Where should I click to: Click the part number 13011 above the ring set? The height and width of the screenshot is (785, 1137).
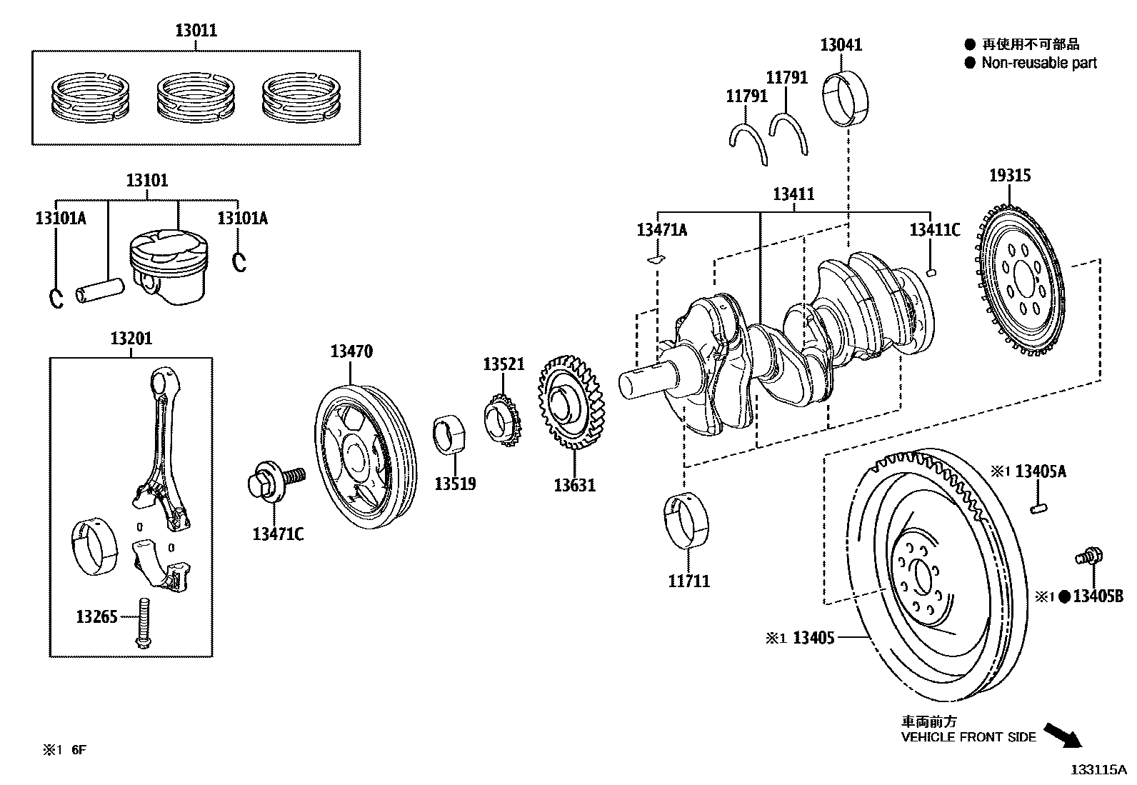(196, 31)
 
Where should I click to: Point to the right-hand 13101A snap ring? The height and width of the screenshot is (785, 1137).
(240, 262)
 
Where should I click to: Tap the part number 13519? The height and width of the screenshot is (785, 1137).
(455, 484)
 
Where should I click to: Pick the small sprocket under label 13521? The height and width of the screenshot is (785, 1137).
(504, 422)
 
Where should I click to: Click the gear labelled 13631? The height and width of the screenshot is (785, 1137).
(571, 403)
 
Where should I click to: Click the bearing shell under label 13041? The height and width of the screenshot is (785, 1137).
(848, 98)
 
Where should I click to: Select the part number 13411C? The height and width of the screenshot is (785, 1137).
(934, 230)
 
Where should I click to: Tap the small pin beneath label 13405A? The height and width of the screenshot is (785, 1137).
(1039, 508)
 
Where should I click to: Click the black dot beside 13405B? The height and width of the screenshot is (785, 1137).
(1063, 597)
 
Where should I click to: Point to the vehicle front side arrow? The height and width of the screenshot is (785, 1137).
(1063, 735)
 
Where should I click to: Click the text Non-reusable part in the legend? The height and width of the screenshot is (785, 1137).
(1038, 63)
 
